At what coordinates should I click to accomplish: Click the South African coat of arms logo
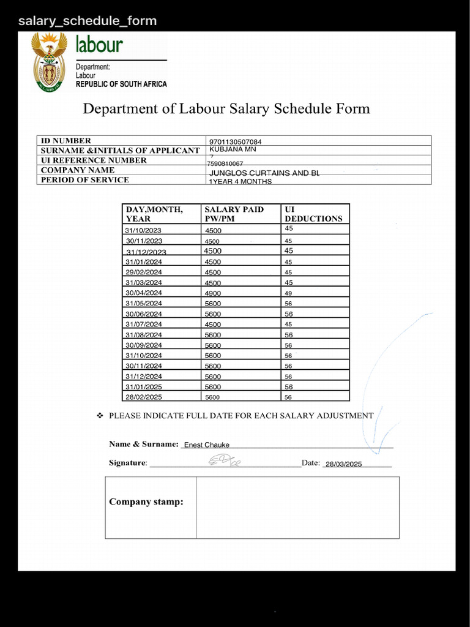(x=49, y=62)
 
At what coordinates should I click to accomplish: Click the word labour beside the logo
(x=99, y=45)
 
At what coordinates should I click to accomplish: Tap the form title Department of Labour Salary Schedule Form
(x=226, y=109)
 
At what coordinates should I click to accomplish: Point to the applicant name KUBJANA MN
(x=233, y=149)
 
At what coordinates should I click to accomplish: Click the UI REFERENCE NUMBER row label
(x=94, y=160)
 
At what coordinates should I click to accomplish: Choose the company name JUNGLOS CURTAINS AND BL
(x=264, y=173)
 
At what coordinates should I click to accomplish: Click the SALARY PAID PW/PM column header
(x=234, y=214)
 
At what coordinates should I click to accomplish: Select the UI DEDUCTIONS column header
(x=313, y=214)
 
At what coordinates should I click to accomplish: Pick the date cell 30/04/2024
(x=144, y=293)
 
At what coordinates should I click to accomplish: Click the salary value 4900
(x=213, y=293)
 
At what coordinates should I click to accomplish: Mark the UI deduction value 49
(x=288, y=293)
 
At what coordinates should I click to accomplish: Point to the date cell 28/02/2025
(x=144, y=397)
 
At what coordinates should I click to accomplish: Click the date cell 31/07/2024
(x=144, y=324)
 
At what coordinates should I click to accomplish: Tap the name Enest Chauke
(x=207, y=445)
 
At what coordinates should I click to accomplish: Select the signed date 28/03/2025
(x=343, y=464)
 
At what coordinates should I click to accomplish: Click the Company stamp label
(x=146, y=502)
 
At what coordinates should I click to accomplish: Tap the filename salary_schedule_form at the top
(x=88, y=21)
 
